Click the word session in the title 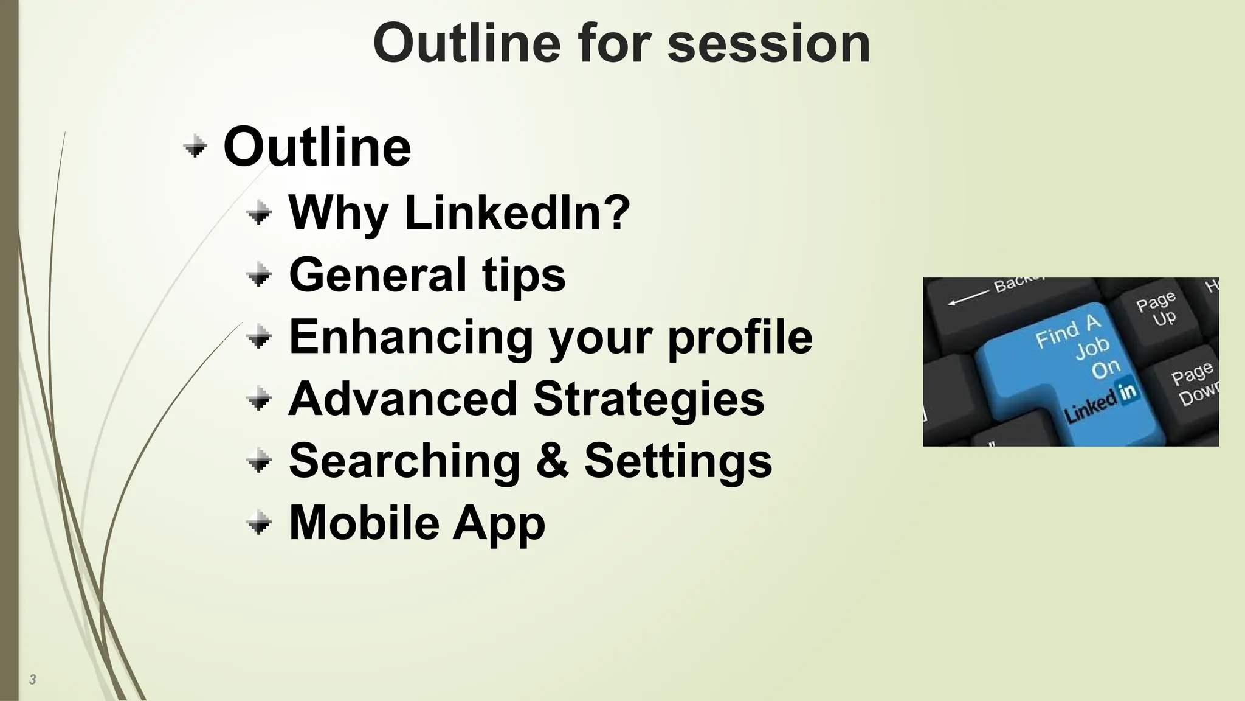pos(768,44)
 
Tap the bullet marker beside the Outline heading pos(195,147)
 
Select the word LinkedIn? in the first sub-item pos(517,213)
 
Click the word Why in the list pos(338,213)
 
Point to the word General pos(378,275)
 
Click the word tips pos(524,275)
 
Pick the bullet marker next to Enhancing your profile pos(260,337)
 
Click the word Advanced pos(402,399)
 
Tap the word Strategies pos(649,399)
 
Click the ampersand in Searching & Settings pos(552,461)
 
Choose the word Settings pos(678,461)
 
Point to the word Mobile pos(364,523)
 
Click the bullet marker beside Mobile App pos(260,523)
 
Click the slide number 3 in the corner pos(33,680)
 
